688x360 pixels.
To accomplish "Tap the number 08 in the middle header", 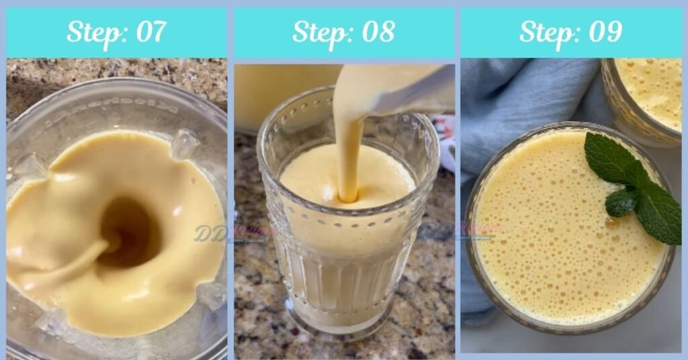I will click(x=376, y=32).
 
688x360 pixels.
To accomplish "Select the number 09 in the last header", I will click(x=603, y=32).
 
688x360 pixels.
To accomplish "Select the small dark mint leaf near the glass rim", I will click(x=621, y=201).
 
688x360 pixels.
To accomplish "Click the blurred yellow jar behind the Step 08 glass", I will click(x=282, y=94).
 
